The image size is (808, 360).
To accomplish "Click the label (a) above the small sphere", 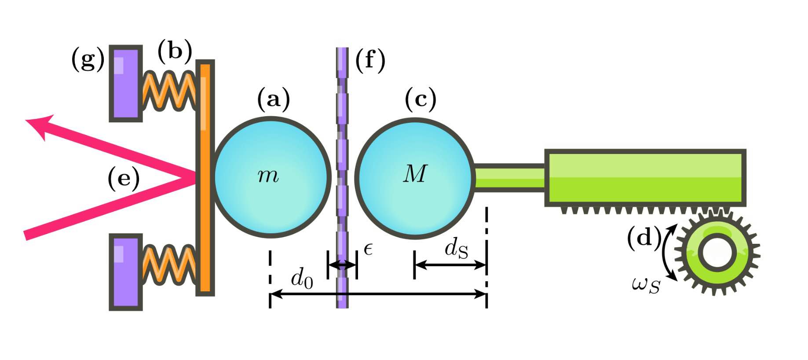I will [x=274, y=99].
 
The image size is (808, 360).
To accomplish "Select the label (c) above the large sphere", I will [x=420, y=99].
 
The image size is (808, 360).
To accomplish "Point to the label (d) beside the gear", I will [x=644, y=239].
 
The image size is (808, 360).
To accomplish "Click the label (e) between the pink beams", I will [x=124, y=179].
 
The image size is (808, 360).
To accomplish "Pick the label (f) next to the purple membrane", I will [x=370, y=60].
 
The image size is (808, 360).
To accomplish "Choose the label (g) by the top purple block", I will [x=88, y=59].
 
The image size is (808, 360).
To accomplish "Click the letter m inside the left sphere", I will [x=268, y=176].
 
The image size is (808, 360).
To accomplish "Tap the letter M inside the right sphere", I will [x=415, y=173].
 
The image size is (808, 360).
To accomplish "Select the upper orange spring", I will [x=169, y=92].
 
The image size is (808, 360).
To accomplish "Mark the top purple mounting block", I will [x=126, y=83].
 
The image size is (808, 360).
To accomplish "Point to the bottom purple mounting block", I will [x=126, y=272].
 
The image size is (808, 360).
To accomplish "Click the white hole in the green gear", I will [x=717, y=253].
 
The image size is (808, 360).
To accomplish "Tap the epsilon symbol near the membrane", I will [x=369, y=249].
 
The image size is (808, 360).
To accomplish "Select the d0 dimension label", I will [x=302, y=279].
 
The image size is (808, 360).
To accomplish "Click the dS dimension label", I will [x=456, y=249].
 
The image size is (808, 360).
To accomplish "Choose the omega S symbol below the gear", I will [x=646, y=285].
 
